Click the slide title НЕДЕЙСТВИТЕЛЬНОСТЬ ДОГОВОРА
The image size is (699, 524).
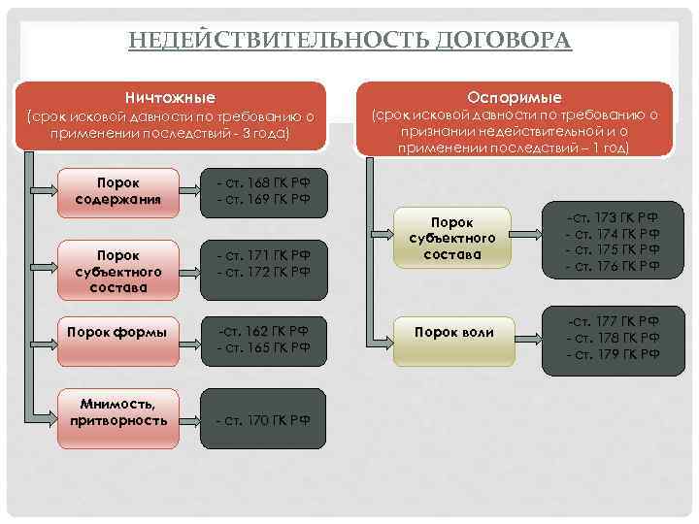(x=349, y=40)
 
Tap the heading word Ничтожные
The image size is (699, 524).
(x=170, y=98)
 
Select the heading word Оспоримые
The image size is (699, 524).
(x=514, y=98)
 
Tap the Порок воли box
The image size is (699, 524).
(x=453, y=333)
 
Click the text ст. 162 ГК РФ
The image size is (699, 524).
(x=263, y=332)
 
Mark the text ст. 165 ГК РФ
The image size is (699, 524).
(x=263, y=347)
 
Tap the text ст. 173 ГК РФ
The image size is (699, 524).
(x=613, y=218)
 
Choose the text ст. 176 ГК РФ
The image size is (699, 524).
(x=613, y=266)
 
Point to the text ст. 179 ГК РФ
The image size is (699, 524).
(x=613, y=353)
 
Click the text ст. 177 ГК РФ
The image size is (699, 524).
(x=613, y=320)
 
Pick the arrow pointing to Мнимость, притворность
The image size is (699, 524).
(x=46, y=411)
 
